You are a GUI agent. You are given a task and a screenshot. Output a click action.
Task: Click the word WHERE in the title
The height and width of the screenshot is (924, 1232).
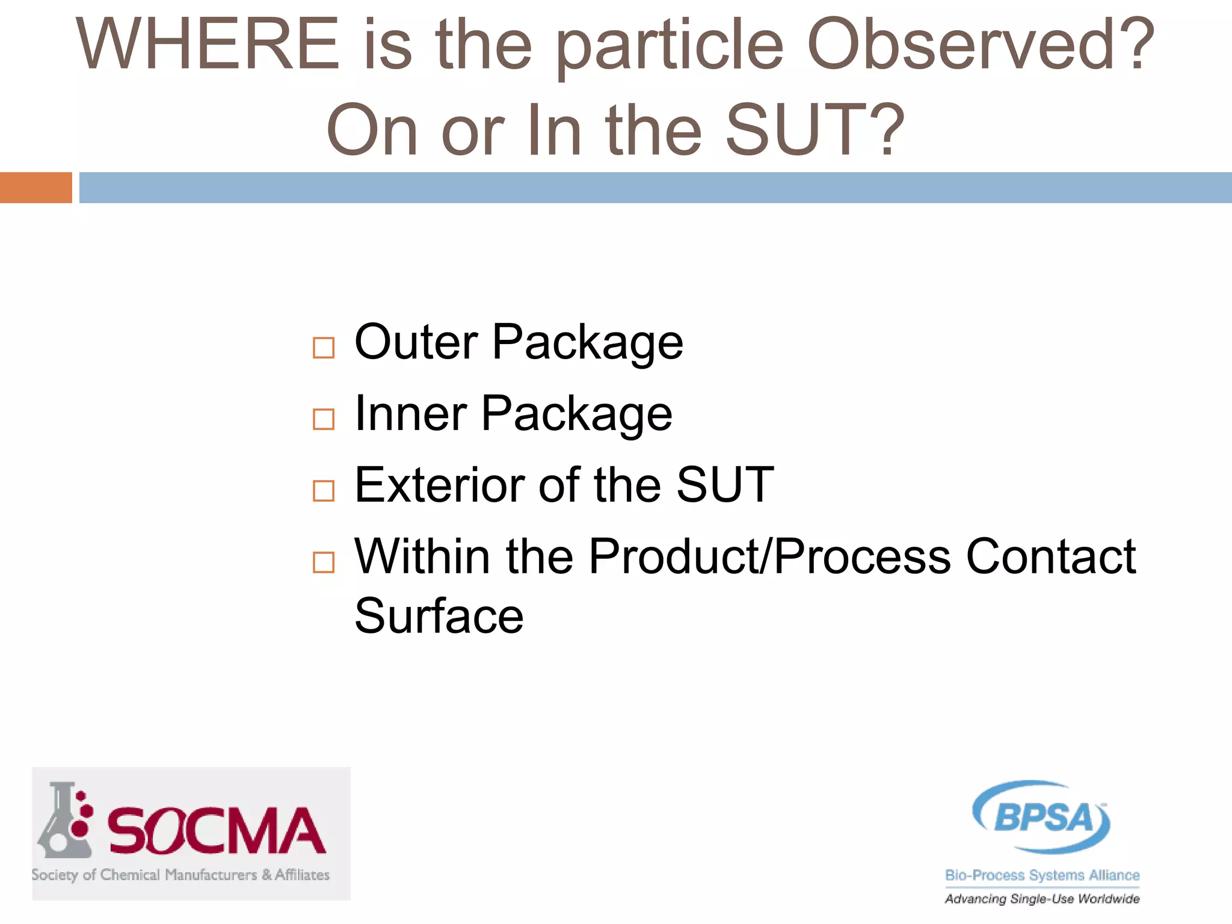coord(208,45)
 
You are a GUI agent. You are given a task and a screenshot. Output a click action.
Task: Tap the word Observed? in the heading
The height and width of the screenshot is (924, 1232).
coord(980,45)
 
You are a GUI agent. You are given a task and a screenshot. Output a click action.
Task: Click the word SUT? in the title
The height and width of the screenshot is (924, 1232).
coord(815,130)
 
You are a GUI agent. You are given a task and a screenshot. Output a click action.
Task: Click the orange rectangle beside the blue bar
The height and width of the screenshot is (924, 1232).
coord(35,188)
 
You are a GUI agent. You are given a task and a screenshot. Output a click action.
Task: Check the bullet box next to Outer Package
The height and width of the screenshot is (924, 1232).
coord(324,348)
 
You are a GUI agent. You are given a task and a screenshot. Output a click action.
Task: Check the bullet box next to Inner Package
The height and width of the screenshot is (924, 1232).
coord(324,419)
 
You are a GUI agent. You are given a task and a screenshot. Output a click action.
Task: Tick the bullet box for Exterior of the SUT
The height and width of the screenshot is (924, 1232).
coord(324,491)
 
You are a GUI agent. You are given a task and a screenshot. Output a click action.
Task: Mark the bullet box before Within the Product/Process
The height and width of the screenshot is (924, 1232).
coord(324,562)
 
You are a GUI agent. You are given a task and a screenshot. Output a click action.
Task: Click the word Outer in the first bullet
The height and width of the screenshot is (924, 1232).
coord(416,342)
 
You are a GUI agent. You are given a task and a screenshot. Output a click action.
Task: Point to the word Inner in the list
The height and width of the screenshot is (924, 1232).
coord(411,414)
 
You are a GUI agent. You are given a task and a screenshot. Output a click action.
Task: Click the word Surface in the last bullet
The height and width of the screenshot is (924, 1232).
coord(439,617)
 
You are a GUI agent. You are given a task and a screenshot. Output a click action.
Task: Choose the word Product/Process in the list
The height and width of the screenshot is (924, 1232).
coord(769,556)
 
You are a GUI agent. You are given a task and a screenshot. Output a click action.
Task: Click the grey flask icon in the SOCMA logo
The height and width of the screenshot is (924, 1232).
coord(63,821)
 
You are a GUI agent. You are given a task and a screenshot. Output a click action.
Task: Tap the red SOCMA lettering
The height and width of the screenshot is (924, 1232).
coord(217,831)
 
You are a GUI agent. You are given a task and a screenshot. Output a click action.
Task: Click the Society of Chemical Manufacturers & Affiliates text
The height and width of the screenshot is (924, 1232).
coord(180,875)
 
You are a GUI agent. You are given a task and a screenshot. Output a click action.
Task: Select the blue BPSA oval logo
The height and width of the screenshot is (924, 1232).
coord(1042,817)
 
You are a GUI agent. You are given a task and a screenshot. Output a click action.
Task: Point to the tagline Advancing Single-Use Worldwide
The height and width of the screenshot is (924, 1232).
coord(1042,899)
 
